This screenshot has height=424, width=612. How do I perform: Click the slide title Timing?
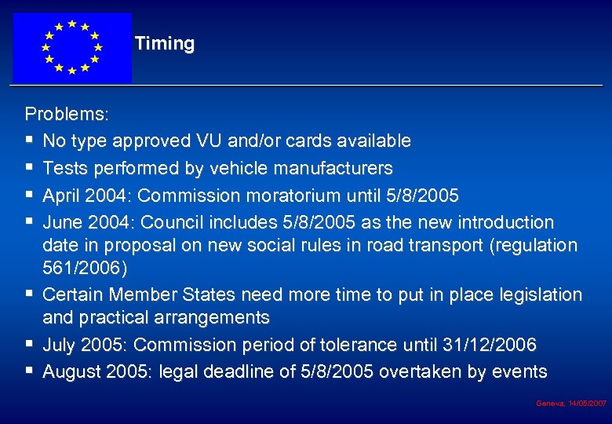pos(164,44)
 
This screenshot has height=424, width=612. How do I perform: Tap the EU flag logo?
pos(72,47)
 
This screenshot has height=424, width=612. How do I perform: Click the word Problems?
pos(66,114)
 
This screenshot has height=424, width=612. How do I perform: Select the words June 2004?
pos(85,222)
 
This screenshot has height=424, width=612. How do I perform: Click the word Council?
pos(169,222)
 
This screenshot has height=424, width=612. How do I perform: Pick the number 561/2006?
pos(81,268)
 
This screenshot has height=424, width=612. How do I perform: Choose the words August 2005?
pos(97,371)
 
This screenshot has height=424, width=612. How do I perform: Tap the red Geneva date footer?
pos(570,403)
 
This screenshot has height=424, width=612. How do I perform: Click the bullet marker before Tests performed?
pos(29,168)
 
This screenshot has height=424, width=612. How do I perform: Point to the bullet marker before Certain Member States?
pos(29,295)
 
